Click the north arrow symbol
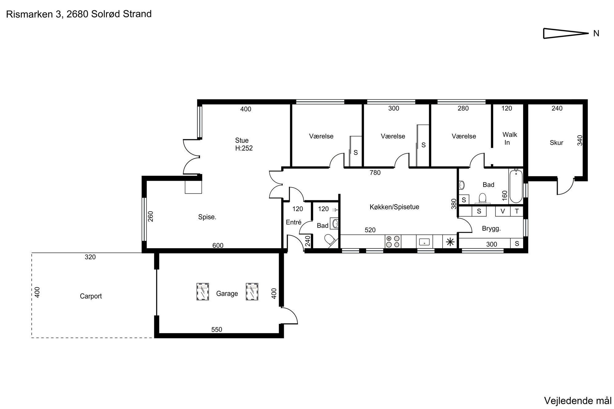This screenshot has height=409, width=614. point(565,33)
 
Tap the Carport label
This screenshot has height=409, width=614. point(91,296)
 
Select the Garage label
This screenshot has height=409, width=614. point(227,294)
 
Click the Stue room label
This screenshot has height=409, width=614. point(242,141)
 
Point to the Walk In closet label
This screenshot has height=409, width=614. point(510,138)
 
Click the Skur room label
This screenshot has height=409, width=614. point(557,143)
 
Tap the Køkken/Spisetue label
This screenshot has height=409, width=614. point(394,207)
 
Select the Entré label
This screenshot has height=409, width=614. point(293,222)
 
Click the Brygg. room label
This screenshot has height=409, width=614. point(491,229)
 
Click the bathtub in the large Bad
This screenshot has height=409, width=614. point(516,186)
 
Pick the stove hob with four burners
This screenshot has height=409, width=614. point(393,241)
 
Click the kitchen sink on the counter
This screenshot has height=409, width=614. point(424,241)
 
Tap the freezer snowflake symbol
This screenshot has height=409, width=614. point(450,242)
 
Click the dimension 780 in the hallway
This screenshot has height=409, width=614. point(375,173)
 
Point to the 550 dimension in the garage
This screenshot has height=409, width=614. point(217,330)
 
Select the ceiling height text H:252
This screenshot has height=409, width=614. point(244,148)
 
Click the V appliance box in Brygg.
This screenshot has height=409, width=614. point(503,211)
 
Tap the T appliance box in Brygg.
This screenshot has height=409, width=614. point(517,211)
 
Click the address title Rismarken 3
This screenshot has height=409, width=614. point(34,14)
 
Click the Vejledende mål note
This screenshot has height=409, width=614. point(577,401)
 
